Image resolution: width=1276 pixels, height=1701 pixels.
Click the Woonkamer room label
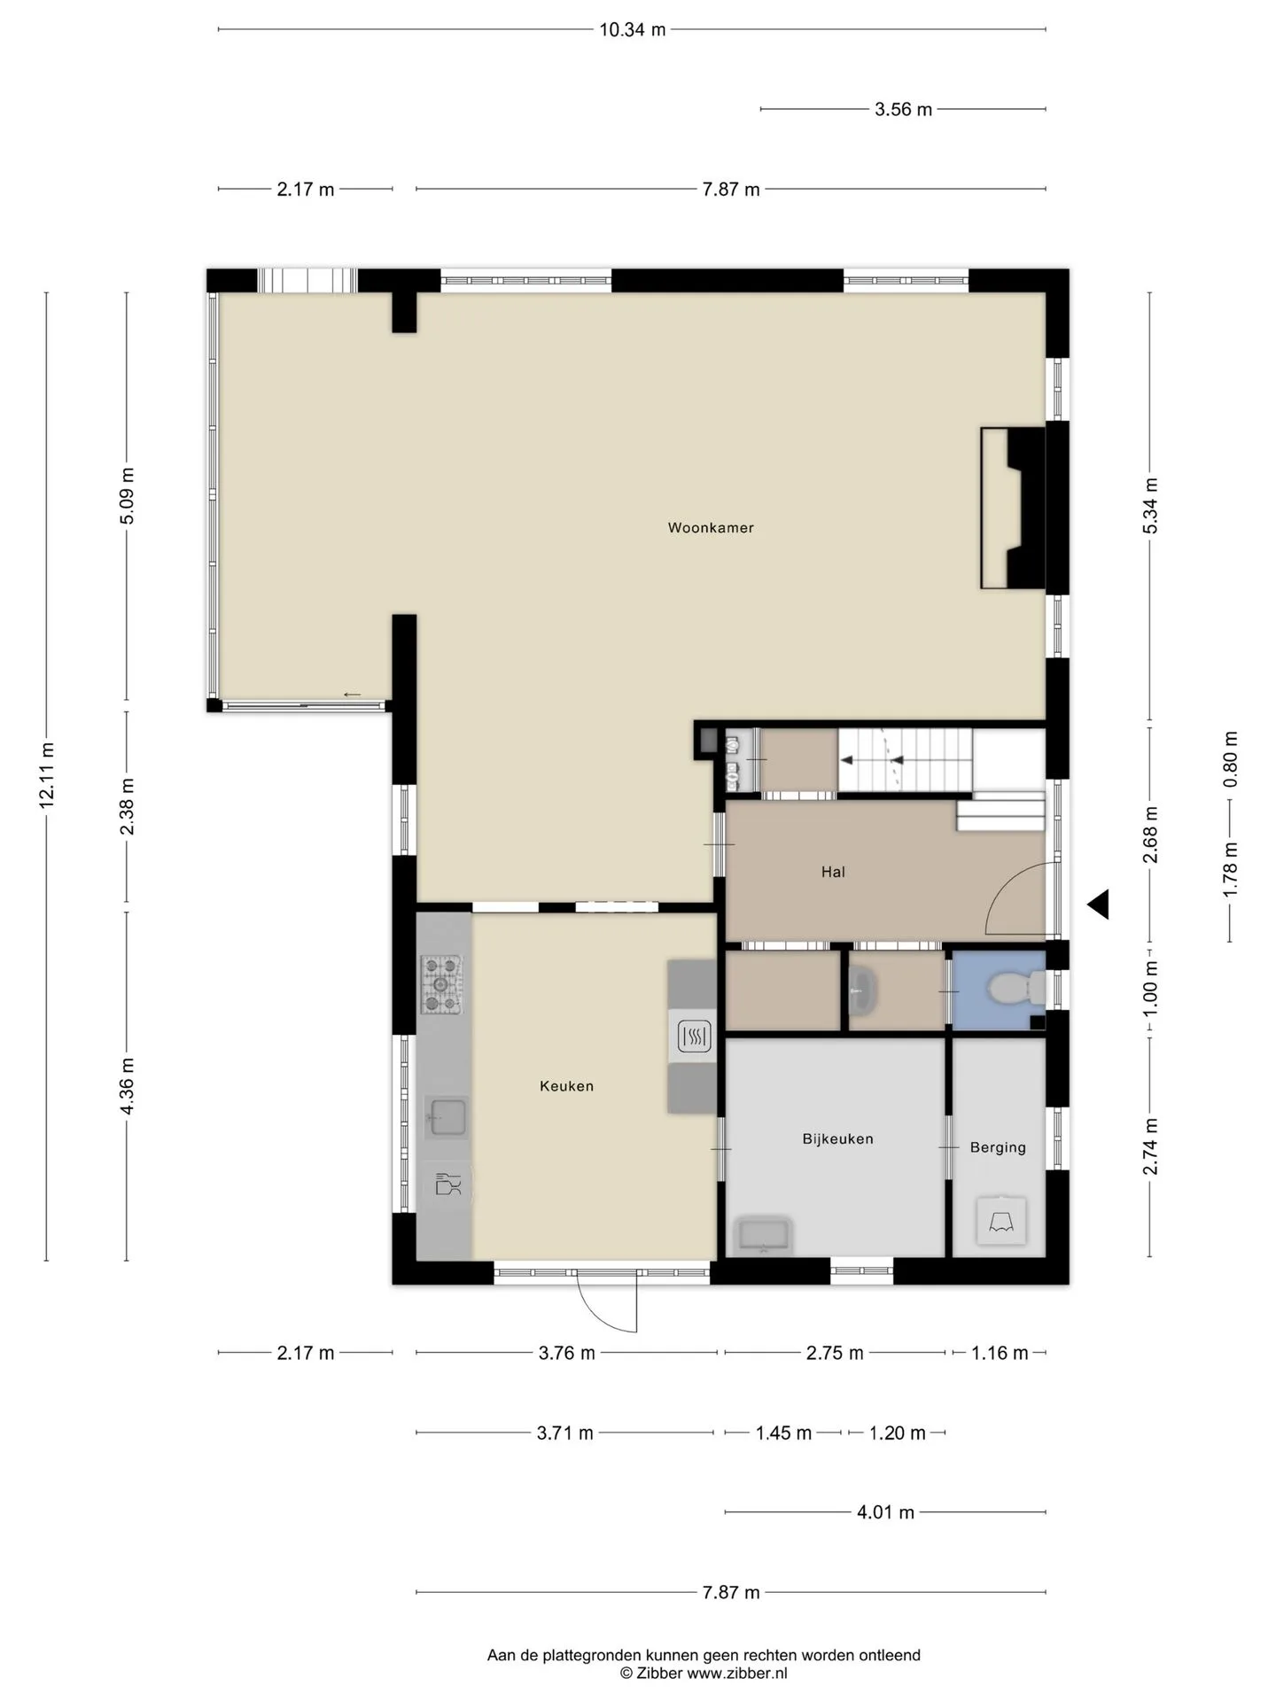coord(711,528)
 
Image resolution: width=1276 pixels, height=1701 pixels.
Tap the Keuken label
coord(567,1086)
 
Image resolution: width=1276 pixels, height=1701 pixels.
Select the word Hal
coord(833,872)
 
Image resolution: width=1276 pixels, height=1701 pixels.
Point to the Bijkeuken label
coord(838,1139)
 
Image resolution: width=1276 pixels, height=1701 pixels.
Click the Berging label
coord(998,1147)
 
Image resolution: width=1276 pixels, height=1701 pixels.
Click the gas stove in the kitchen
coord(440,984)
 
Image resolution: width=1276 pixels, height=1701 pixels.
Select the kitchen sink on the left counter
coord(447,1117)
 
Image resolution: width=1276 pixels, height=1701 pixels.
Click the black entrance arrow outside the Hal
coord(1099,905)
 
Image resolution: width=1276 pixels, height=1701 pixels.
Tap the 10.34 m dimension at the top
coord(633,30)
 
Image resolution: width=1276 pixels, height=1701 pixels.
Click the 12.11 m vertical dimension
coord(47,775)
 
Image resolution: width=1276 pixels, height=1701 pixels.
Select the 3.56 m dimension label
coord(904,110)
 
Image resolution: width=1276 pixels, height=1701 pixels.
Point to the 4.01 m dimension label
coord(885,1512)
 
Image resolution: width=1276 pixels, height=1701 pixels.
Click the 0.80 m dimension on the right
coord(1230,759)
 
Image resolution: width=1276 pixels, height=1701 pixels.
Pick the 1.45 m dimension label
coord(783,1433)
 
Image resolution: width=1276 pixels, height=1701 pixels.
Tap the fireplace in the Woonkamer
coord(1014,509)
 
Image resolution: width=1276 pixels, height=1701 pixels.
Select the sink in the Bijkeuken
coord(764,1236)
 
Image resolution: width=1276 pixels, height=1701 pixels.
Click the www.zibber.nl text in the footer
coord(737,1674)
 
